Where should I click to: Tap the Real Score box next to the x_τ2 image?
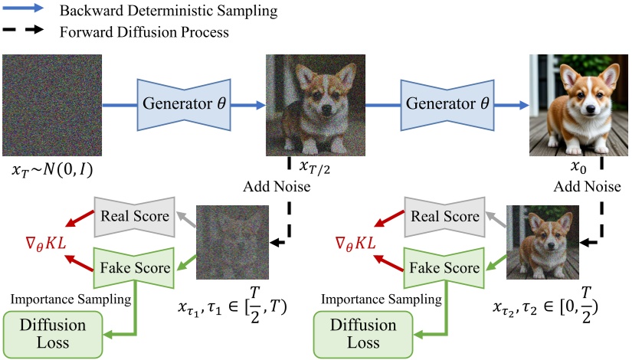pyautogui.click(x=444, y=216)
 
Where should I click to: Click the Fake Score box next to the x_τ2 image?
pyautogui.click(x=444, y=267)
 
